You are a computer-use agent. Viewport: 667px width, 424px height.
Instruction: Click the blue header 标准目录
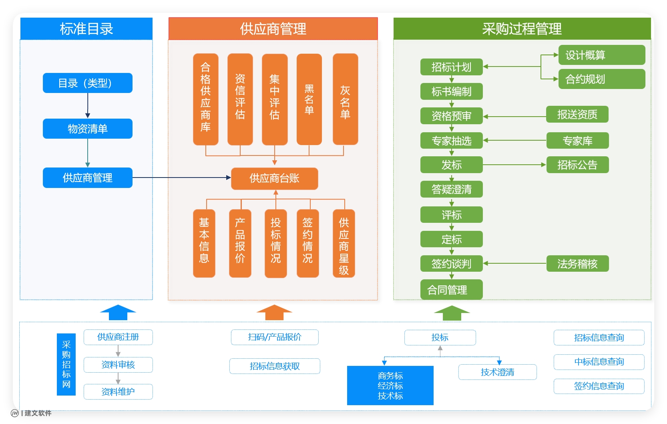coord(86,29)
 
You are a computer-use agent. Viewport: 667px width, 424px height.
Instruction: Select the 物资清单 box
coord(88,129)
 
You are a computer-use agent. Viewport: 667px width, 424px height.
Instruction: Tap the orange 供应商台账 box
coord(275,178)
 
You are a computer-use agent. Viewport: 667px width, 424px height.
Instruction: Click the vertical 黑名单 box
coord(309,99)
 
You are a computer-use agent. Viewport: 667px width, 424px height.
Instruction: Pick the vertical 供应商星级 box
coord(344,244)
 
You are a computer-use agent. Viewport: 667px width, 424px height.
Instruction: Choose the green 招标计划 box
coord(451,67)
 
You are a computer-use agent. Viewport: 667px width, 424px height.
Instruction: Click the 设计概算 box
coord(601,55)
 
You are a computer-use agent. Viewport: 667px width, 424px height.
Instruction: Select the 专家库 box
coord(577,141)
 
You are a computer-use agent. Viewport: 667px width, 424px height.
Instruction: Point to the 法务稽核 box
coord(577,264)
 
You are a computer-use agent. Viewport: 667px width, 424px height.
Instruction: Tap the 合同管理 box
coord(451,290)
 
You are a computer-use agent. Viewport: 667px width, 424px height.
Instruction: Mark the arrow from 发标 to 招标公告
coord(514,165)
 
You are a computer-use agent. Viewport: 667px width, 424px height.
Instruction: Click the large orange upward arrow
coord(274,313)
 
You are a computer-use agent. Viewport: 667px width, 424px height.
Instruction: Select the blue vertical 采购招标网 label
coord(66,364)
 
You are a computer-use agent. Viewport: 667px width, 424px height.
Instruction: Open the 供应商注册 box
coord(118,337)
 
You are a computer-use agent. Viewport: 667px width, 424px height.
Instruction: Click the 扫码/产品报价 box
coord(275,337)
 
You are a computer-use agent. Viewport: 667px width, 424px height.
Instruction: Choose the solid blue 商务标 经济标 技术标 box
coord(390,386)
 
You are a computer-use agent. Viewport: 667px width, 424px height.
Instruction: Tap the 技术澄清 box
coord(497,372)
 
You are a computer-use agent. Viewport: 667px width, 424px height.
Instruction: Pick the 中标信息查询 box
coord(599,362)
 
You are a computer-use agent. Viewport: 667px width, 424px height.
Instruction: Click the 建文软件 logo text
coord(38,413)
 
